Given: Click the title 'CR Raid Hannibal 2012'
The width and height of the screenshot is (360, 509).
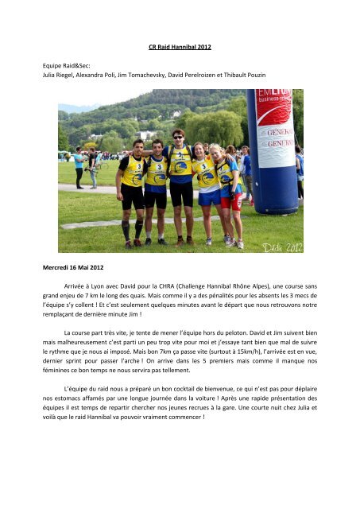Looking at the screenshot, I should click(x=180, y=47).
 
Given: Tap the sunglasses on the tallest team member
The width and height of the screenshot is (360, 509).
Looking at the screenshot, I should click(x=179, y=136).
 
